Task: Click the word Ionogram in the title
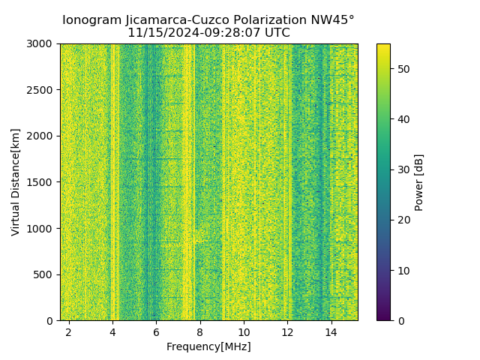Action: [91, 20]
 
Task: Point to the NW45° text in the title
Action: [327, 20]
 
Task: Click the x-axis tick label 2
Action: [69, 331]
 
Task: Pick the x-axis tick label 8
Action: [200, 331]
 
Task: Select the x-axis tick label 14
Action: [331, 331]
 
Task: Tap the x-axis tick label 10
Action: [244, 331]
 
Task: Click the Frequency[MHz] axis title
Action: [208, 346]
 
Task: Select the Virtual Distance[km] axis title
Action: [16, 182]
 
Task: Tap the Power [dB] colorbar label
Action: [419, 182]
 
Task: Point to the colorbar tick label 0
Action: [399, 321]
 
